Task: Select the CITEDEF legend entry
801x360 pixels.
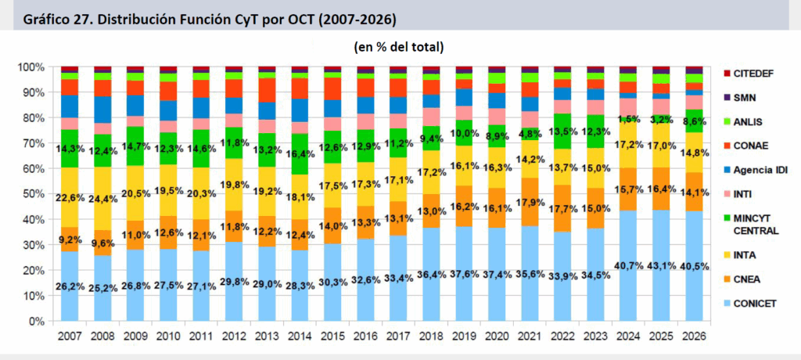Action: tap(753, 74)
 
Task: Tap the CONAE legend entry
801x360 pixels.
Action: tap(749, 145)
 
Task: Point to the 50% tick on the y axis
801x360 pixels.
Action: tap(38, 194)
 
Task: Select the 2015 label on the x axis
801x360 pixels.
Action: tap(333, 336)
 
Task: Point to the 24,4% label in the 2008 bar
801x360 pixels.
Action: tap(102, 199)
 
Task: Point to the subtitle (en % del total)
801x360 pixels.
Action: tap(399, 47)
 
